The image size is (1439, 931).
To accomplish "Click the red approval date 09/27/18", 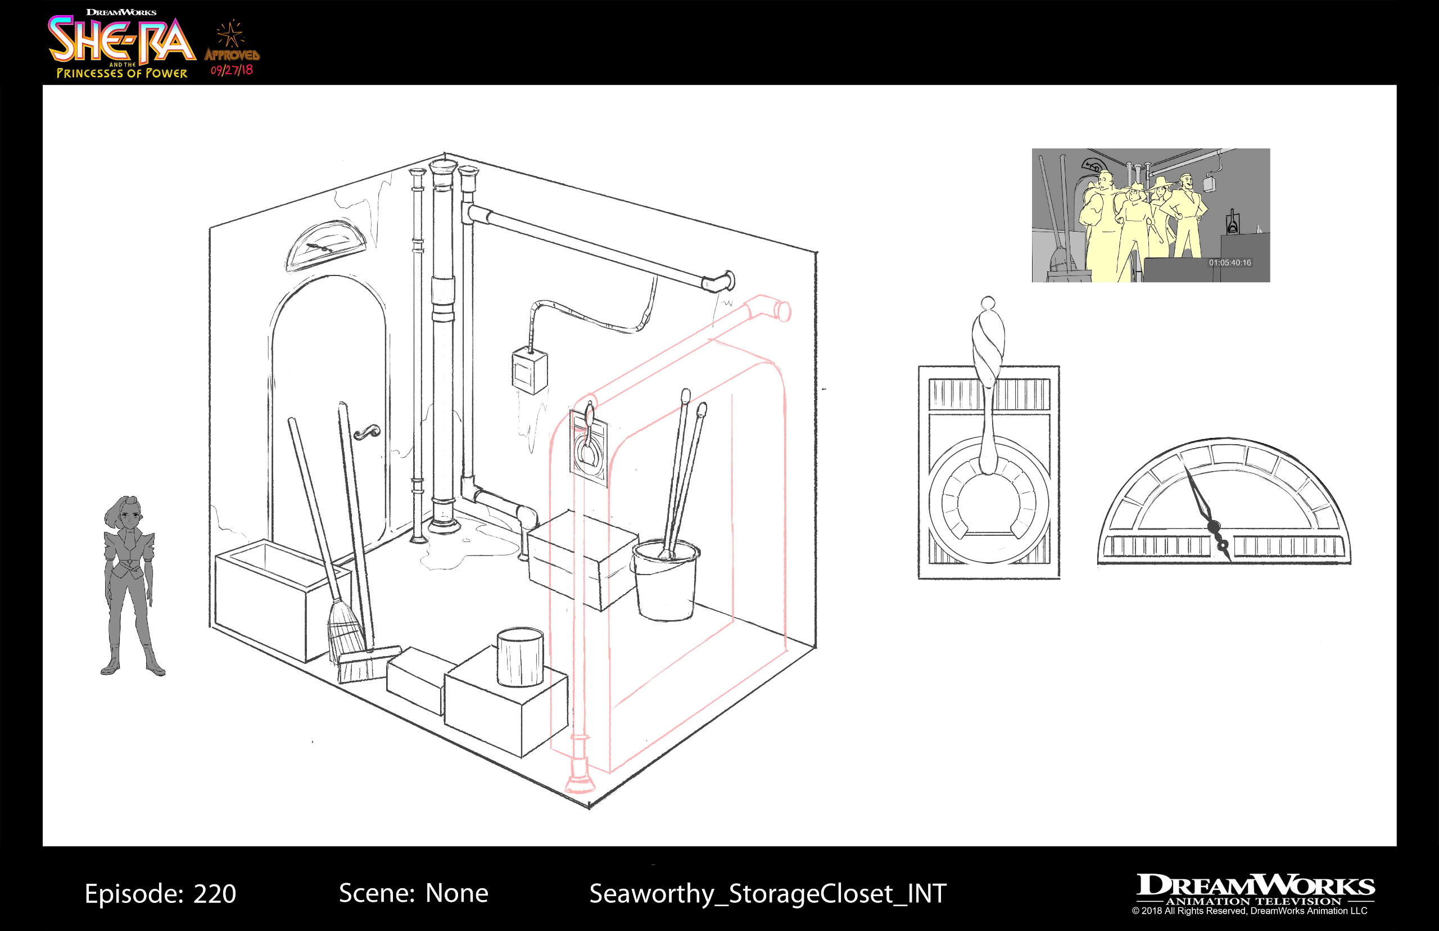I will click(232, 70).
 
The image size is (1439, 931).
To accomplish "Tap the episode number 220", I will click(215, 893).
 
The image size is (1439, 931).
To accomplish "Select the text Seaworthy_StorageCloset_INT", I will click(767, 893).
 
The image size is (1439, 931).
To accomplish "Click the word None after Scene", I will click(456, 893).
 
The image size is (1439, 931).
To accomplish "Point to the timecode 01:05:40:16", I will click(1229, 263).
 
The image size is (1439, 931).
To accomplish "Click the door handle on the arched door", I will click(366, 432).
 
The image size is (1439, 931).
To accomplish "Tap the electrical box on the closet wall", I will click(530, 371).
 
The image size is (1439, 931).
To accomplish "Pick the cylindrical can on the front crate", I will click(520, 657).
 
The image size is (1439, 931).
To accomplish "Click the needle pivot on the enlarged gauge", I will click(1214, 527).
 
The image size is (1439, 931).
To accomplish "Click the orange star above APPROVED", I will click(230, 34).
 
